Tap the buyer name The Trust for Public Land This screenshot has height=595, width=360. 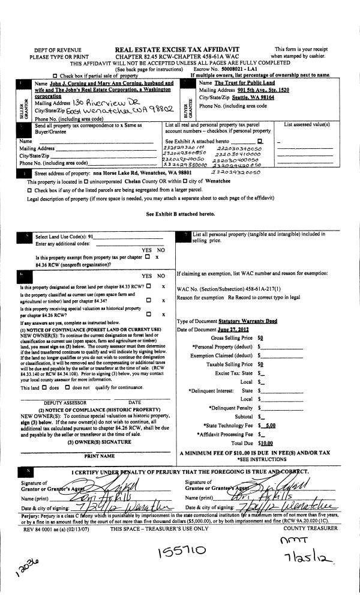(245, 82)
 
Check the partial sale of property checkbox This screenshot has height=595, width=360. (55, 76)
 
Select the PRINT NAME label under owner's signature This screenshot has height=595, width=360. (82, 456)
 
